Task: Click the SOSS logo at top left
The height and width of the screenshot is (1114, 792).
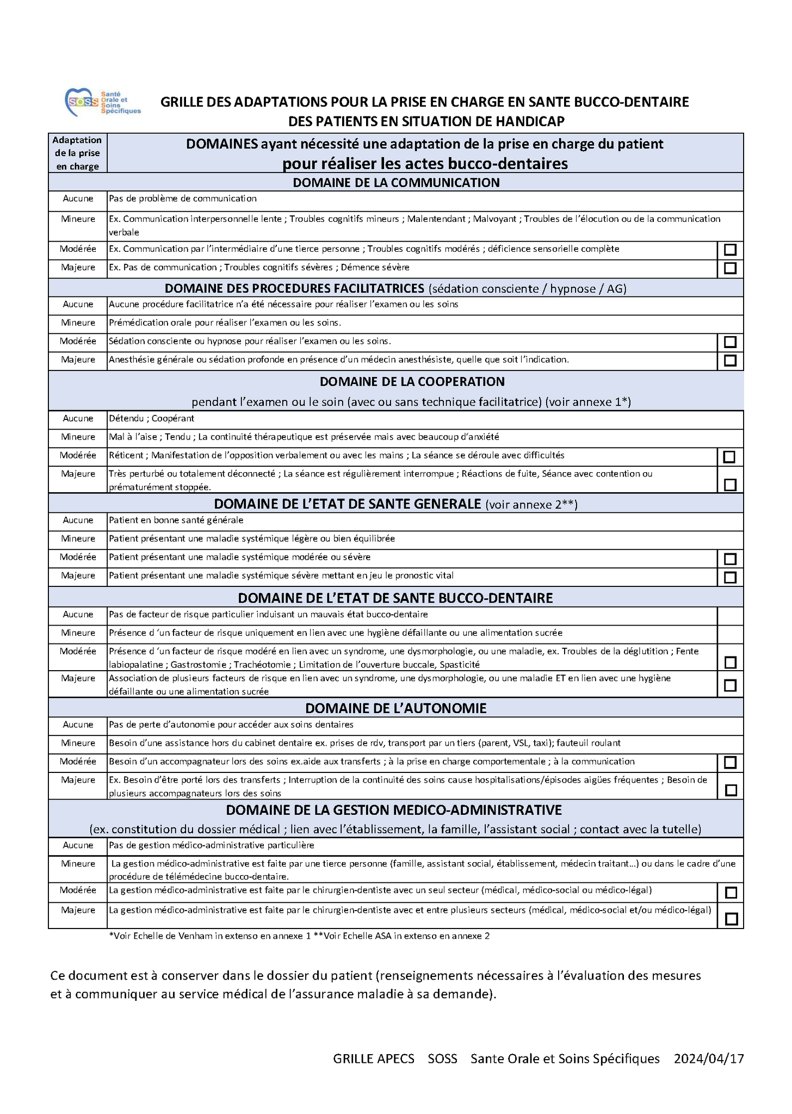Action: pos(102,102)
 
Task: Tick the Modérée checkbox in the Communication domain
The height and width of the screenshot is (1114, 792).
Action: pos(730,250)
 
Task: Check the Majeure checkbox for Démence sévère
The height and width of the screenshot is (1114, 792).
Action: pos(730,268)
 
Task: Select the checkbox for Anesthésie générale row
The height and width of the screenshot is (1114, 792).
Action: pos(730,361)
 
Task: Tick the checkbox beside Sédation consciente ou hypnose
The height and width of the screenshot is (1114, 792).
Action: pos(730,342)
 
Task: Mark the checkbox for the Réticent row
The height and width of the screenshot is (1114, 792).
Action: pos(729,457)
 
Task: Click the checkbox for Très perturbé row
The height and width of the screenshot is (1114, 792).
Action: pos(730,485)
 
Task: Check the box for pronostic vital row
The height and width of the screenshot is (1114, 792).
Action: pos(730,577)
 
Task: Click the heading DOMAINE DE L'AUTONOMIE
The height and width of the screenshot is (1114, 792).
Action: pos(395,708)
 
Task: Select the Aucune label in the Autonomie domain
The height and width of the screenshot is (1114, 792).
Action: pos(78,725)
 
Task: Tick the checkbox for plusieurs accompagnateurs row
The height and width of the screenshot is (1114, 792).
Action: pos(731,790)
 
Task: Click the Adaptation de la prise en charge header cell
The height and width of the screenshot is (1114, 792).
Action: pos(77,153)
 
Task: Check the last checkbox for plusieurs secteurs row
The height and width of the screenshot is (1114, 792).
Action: pos(731,919)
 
